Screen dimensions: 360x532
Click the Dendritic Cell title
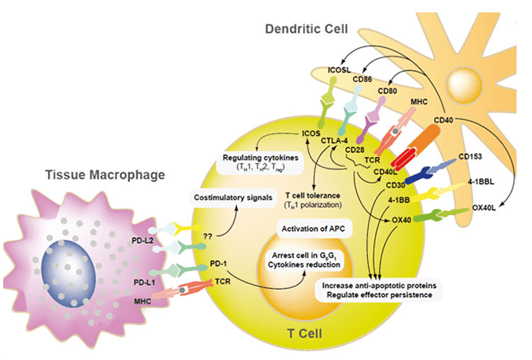point(307,29)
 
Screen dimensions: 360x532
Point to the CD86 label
point(362,80)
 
